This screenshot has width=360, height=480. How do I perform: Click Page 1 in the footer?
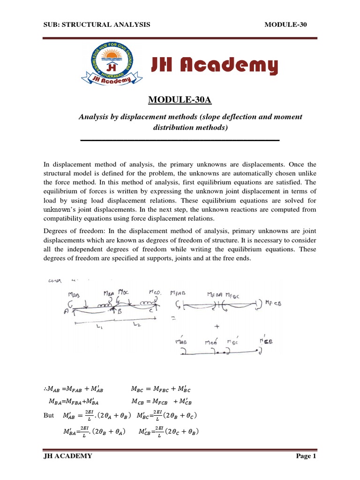point(307,456)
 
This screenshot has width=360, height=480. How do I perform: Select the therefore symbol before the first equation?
point(45,389)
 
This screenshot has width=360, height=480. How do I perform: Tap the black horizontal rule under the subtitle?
point(180,140)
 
